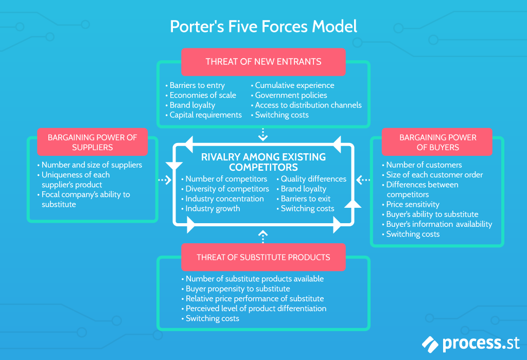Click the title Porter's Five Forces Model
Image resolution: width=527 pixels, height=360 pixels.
tap(263, 26)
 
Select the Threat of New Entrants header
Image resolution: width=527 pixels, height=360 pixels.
tap(263, 62)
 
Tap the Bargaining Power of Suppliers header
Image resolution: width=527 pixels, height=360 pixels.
tap(92, 142)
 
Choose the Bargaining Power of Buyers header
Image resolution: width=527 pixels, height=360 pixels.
tap(437, 142)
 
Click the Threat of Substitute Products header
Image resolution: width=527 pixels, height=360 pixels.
tap(263, 257)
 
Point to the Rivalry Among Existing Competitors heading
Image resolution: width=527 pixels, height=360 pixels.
tap(263, 162)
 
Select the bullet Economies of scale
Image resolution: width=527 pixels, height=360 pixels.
tap(203, 95)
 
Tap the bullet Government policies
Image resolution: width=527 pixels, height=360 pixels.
tap(291, 95)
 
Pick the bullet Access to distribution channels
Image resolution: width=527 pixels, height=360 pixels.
tap(308, 105)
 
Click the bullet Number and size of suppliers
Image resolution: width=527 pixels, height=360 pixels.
tap(92, 165)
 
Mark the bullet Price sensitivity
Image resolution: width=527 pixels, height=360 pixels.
tap(413, 204)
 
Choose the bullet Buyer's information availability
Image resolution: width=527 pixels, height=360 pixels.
tap(439, 224)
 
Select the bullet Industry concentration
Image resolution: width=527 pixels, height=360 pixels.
tap(224, 199)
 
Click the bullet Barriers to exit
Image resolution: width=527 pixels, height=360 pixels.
tap(306, 199)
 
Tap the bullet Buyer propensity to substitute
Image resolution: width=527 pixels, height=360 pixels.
tap(238, 289)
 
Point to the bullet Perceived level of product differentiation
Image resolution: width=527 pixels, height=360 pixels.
tap(256, 309)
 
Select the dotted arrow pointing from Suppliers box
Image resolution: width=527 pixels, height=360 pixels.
tap(165, 180)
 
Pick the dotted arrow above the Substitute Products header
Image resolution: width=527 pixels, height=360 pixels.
tap(263, 237)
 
